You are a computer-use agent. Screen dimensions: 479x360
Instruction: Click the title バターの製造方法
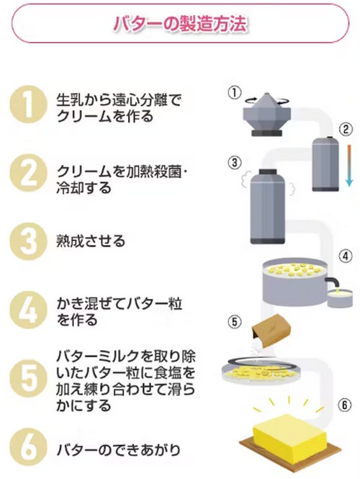tap(180, 24)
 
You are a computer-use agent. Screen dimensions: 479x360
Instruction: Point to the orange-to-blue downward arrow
tap(346, 165)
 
